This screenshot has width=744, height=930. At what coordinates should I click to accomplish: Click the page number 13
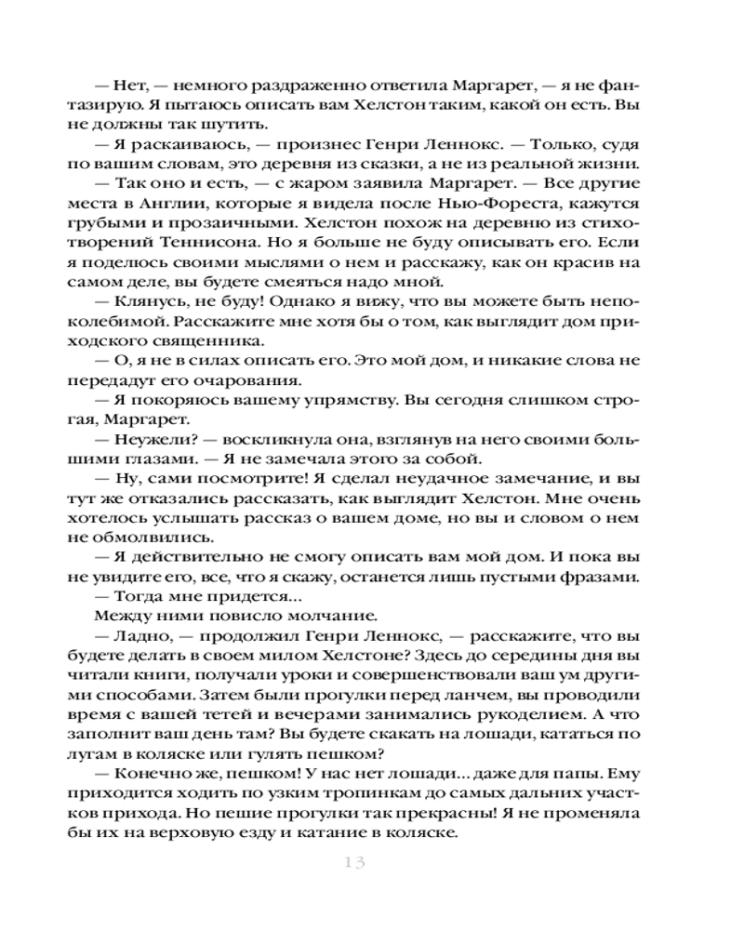click(353, 862)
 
